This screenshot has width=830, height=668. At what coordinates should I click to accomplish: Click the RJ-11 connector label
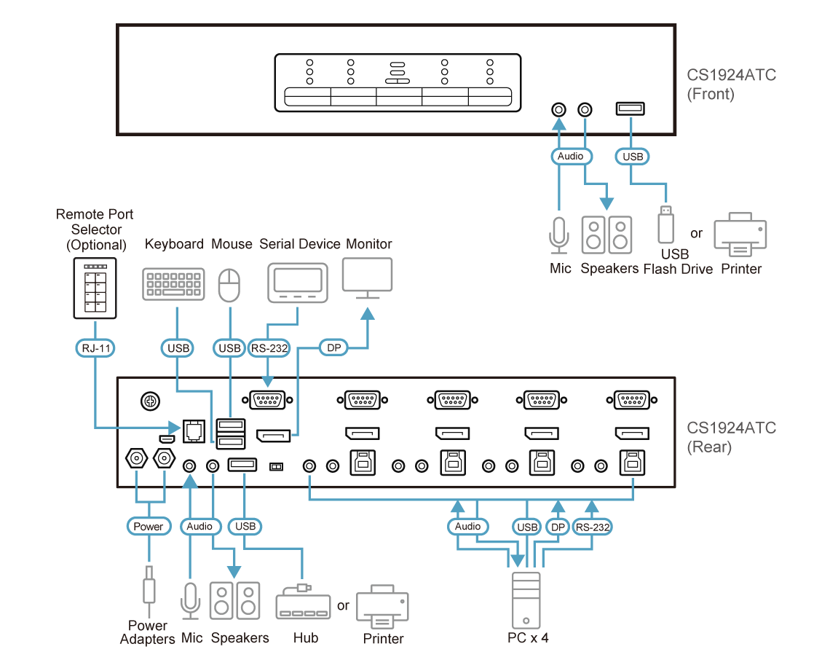[95, 348]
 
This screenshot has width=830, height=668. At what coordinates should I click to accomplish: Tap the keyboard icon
[173, 284]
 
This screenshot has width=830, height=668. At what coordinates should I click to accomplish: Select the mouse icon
[229, 285]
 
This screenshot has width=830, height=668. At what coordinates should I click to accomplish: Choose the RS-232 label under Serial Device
[269, 348]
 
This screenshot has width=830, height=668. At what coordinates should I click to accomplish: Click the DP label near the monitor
[334, 348]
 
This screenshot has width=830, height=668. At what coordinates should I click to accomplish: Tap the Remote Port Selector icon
[95, 288]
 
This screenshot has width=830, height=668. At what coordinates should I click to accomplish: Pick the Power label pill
[149, 526]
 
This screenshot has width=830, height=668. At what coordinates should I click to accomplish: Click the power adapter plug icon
[149, 586]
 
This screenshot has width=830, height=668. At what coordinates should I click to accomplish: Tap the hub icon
[302, 604]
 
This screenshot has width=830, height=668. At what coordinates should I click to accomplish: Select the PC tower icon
[526, 600]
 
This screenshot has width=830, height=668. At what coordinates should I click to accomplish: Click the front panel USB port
[631, 109]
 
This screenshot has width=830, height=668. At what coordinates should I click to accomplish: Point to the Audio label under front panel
[570, 156]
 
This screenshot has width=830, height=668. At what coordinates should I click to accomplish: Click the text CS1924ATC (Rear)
[731, 437]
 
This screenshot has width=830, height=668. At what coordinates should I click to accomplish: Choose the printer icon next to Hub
[382, 606]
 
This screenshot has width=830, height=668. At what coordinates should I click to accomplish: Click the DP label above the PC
[557, 526]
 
